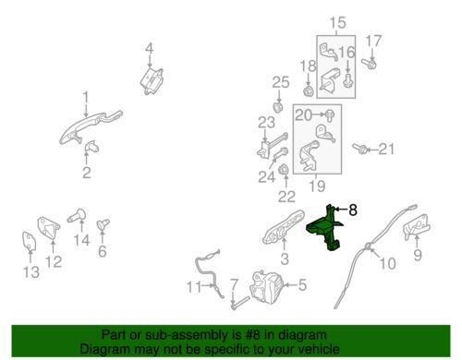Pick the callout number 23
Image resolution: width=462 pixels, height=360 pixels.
pos(266,122)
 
